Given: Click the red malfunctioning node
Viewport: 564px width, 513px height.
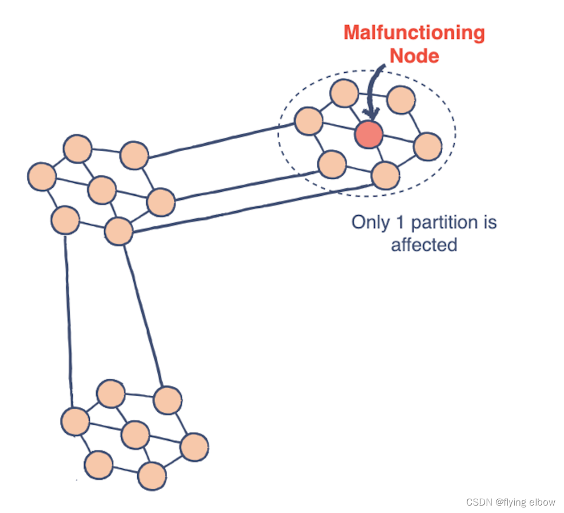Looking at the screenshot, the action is (368, 135).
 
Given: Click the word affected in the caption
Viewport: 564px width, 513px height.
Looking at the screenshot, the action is (424, 244).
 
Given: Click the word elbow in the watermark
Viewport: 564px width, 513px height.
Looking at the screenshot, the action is (542, 502).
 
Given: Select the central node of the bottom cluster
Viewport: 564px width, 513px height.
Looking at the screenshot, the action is (136, 435).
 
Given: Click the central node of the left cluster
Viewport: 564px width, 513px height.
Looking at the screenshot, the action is (102, 190).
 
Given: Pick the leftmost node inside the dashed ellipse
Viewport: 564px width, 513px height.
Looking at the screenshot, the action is (309, 121).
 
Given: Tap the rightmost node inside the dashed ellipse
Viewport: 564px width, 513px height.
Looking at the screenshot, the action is (427, 146).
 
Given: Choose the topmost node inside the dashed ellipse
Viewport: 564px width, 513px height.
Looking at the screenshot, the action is (344, 93).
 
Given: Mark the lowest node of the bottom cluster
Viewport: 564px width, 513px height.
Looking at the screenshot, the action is (152, 475).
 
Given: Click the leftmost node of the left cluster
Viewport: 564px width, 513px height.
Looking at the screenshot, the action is (42, 176).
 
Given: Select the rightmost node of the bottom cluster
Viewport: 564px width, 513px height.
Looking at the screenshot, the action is (194, 447).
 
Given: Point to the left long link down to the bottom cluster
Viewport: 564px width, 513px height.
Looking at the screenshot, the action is (68, 321).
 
